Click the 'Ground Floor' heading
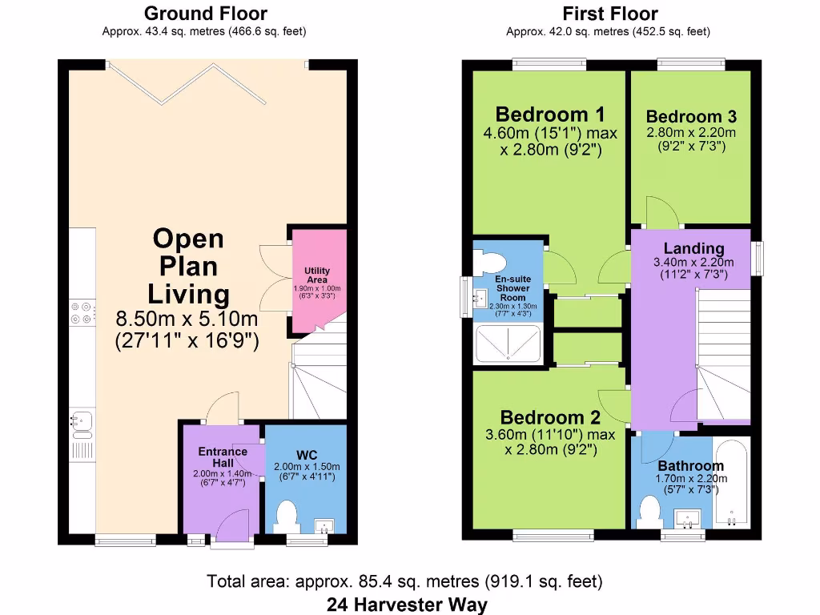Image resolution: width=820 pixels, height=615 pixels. tap(205, 14)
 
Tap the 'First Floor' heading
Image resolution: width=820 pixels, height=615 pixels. tap(610, 14)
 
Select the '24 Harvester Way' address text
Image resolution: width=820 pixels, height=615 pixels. tap(407, 604)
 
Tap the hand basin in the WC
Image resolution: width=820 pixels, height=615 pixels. tap(324, 525)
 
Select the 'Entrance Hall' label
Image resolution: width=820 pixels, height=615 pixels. tap(223, 457)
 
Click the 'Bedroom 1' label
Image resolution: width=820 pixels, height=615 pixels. tap(550, 114)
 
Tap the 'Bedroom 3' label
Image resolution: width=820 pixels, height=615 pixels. tap(691, 117)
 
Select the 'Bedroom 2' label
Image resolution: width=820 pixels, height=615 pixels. tap(550, 417)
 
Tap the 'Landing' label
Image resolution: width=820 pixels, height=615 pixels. tap(693, 248)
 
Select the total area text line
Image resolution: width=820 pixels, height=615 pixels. tap(405, 581)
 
